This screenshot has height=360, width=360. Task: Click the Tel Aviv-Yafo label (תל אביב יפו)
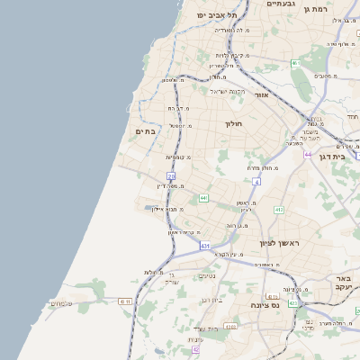click(x=219, y=14)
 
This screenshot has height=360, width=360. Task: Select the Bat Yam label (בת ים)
click(x=146, y=131)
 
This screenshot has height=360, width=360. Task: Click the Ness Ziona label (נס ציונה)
click(x=263, y=304)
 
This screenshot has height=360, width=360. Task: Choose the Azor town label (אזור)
click(x=261, y=94)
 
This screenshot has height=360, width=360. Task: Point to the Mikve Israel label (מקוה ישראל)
click(x=228, y=91)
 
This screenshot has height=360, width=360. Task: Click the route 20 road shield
click(x=171, y=176)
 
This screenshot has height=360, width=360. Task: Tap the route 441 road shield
click(x=204, y=197)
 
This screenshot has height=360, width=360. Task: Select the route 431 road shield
click(x=205, y=245)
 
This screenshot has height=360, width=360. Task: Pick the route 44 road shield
click(x=308, y=155)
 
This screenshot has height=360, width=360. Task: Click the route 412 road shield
click(x=279, y=210)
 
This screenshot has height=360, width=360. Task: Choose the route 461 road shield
click(x=294, y=63)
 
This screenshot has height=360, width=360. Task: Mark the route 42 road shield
click(x=195, y=348)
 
